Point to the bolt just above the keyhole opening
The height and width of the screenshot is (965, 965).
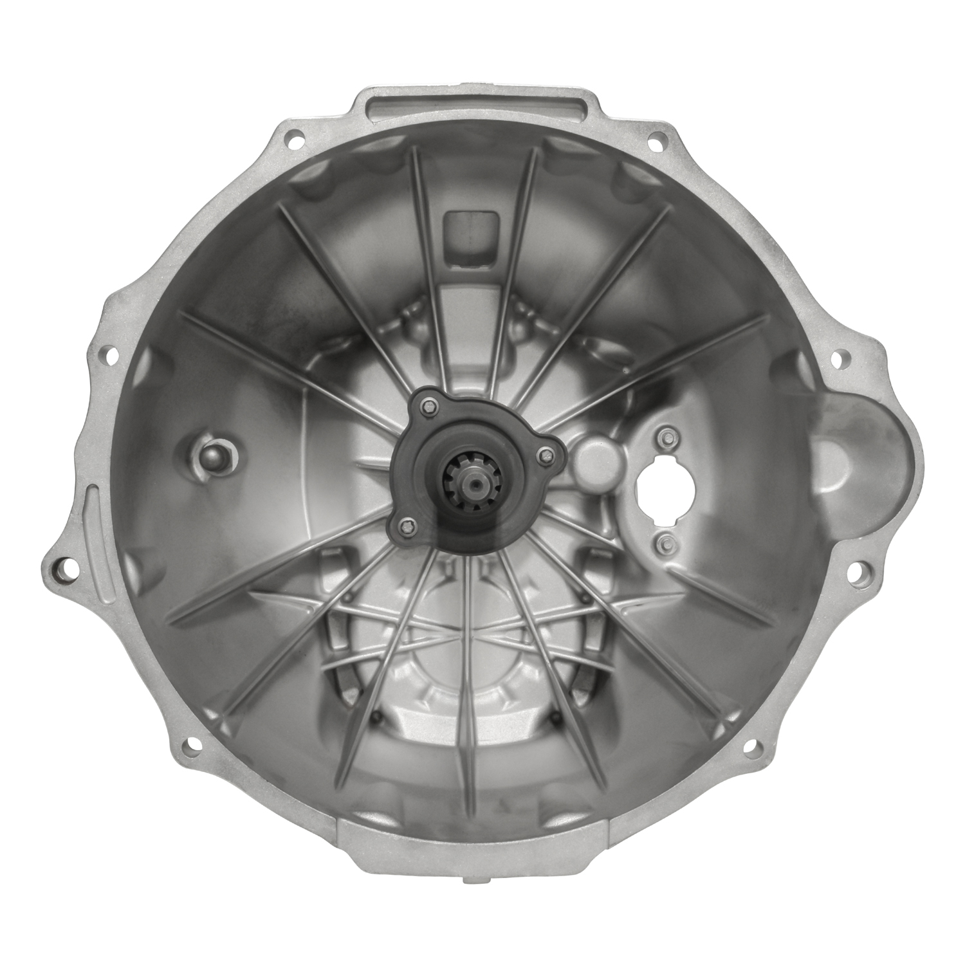[x=665, y=437]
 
